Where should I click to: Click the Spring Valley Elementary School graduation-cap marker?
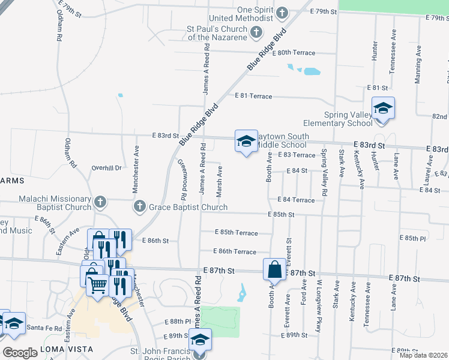(383, 109)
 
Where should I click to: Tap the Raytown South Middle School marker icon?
(246, 141)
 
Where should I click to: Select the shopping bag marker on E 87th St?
(274, 269)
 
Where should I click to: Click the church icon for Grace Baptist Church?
(140, 207)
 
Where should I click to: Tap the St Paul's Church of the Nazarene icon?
(256, 32)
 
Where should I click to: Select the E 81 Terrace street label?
(253, 96)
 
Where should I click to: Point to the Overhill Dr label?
(106, 168)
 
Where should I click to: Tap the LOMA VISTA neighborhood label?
(66, 349)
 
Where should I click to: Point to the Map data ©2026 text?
(423, 355)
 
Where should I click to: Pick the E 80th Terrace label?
(293, 53)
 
